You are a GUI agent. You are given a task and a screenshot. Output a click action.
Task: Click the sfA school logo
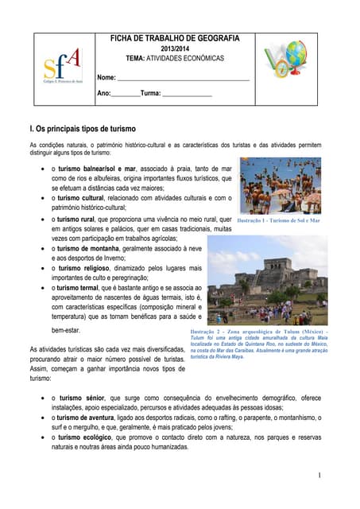coord(61,68)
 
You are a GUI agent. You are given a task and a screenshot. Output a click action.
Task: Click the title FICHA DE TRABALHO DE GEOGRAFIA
coord(174,38)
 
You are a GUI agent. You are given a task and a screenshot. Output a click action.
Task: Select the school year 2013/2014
coord(174,49)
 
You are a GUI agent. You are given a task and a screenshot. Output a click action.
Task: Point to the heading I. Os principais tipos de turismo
coord(83,129)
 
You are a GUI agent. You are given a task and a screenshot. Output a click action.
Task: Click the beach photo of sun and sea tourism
coord(279,185)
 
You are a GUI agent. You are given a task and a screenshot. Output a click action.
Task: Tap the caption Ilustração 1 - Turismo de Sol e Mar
coord(279,220)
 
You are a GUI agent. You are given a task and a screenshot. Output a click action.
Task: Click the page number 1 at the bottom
coord(318,475)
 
